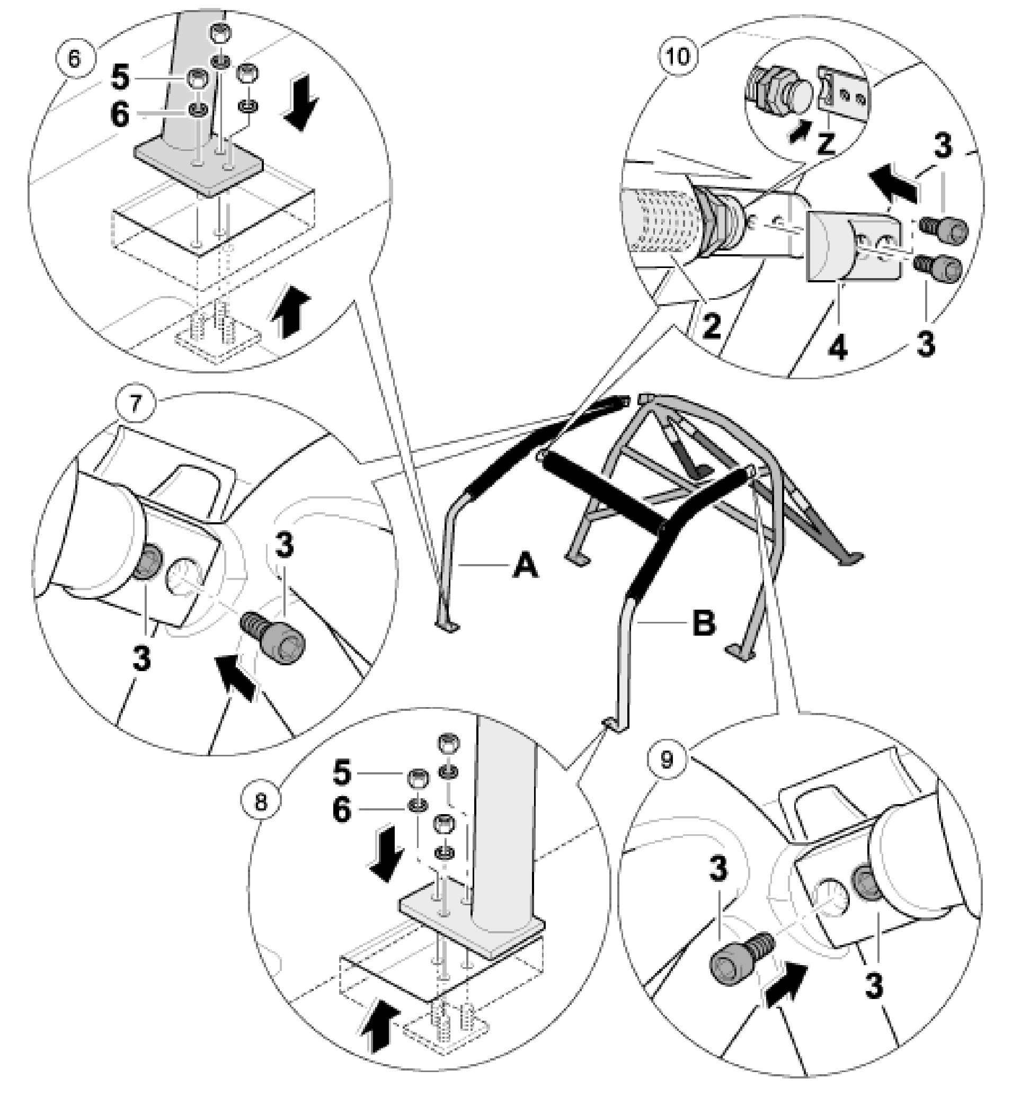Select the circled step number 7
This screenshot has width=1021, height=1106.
click(137, 403)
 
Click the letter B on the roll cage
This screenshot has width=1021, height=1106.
click(703, 623)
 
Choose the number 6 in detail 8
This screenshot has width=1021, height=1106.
click(342, 811)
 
